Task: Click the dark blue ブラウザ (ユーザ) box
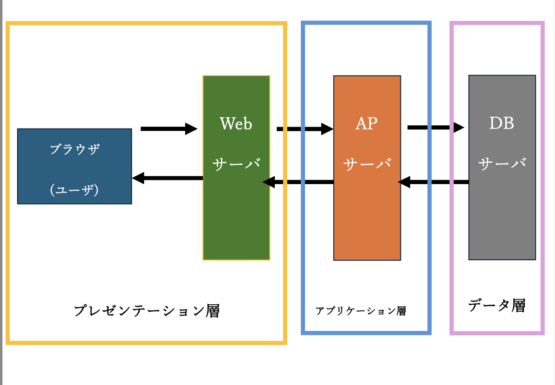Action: (x=75, y=167)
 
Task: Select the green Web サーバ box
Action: (x=237, y=168)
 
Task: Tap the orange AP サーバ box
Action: (x=367, y=168)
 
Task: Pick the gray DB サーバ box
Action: (x=502, y=167)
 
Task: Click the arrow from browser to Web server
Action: (x=169, y=129)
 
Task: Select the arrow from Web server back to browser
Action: (x=168, y=178)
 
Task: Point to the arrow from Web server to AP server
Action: (x=305, y=129)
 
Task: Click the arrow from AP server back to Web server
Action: (x=298, y=182)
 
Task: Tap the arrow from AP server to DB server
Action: (x=436, y=128)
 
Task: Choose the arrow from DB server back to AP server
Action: (x=433, y=182)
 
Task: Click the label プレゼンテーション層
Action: (x=147, y=311)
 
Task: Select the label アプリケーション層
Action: (x=361, y=311)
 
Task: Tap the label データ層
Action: (x=497, y=305)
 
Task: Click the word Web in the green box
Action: (x=236, y=124)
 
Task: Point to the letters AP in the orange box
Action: (x=367, y=123)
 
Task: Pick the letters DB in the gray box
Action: (x=502, y=123)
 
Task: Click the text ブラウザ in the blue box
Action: (x=75, y=149)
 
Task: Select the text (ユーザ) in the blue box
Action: (x=74, y=190)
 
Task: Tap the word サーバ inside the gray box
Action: (x=502, y=163)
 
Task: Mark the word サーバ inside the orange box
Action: (x=367, y=164)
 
